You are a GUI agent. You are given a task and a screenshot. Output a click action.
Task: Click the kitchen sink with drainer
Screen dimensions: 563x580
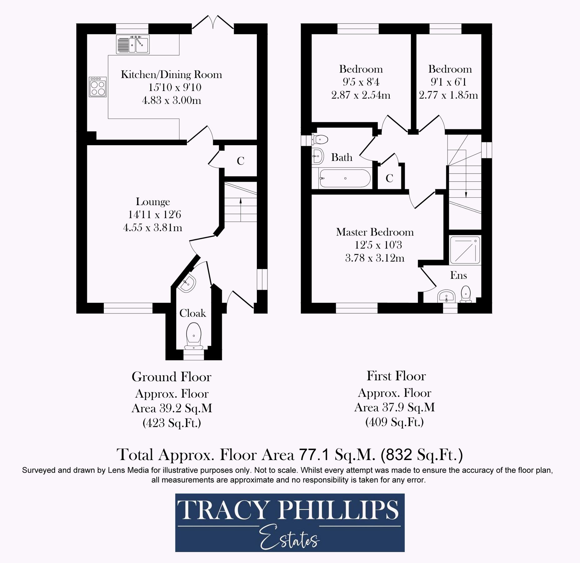tap(133, 44)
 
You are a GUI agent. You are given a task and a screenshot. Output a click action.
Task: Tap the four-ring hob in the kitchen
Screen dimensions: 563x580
tap(97, 87)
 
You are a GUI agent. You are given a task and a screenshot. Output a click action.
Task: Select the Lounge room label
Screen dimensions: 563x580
tap(153, 202)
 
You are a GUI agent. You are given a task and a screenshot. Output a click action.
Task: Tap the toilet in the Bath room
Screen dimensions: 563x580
tap(319, 139)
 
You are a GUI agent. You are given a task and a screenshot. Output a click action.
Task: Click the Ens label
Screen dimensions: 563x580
tap(458, 275)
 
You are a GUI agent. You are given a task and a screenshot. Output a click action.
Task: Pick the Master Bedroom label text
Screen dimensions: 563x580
tap(375, 232)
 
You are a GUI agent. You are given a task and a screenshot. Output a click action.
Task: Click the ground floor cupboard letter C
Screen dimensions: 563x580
tap(240, 161)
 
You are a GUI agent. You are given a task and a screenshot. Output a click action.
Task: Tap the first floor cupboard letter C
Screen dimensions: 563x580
tap(389, 178)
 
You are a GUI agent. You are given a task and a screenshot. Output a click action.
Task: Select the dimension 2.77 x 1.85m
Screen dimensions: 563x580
tap(448, 95)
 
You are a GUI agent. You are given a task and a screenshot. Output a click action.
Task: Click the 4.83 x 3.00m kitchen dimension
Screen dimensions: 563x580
tap(172, 100)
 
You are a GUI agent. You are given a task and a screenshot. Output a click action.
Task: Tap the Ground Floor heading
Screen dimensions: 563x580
tap(172, 377)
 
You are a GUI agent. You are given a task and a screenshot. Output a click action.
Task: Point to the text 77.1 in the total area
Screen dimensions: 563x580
tap(314, 455)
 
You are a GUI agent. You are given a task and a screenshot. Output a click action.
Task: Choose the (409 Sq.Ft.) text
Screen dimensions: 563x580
tap(394, 422)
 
